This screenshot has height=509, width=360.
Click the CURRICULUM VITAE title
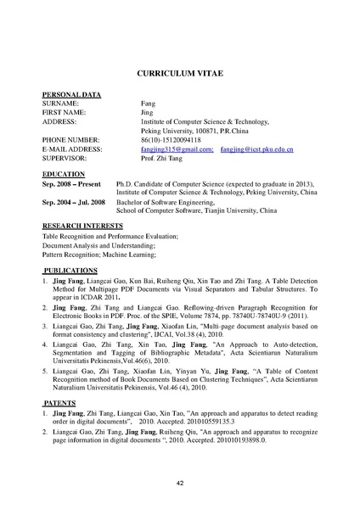pyautogui.click(x=179, y=74)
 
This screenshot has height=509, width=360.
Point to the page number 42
pyautogui.click(x=179, y=483)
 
